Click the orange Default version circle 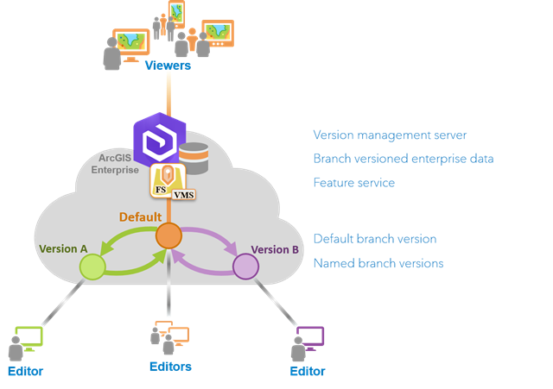tap(168, 235)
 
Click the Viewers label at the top tap(168, 66)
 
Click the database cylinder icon tap(194, 158)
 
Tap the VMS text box tap(184, 195)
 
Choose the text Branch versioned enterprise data tap(403, 159)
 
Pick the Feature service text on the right tap(353, 183)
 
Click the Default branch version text tap(374, 239)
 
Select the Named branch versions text tap(378, 263)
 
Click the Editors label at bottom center tap(169, 367)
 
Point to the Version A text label tap(63, 249)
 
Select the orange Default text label tap(140, 217)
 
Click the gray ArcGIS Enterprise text tap(115, 165)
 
